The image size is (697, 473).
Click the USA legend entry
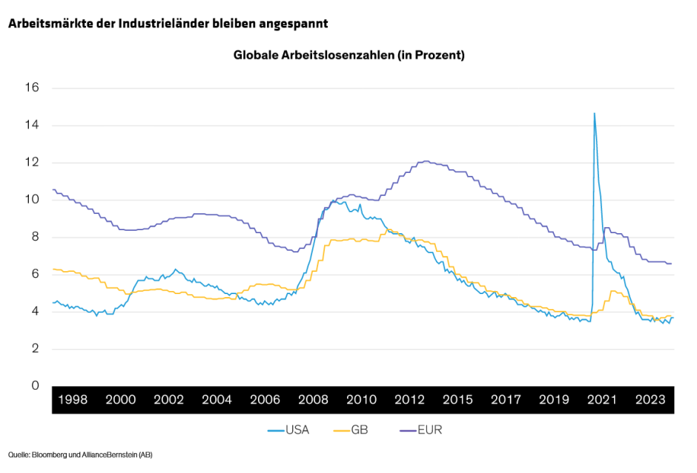pos(296,430)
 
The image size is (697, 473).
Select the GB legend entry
pos(359,430)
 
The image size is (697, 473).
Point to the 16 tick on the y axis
pos(32,88)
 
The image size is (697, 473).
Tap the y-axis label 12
pos(32,163)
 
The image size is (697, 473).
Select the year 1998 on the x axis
pos(72,399)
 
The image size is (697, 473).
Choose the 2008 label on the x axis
pos(313,399)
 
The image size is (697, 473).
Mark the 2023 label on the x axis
pos(650,399)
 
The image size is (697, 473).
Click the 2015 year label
pos(457,399)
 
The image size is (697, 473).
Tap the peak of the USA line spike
pos(594,114)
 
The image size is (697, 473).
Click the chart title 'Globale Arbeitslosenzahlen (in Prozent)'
pos(348,55)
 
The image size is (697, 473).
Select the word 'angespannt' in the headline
pos(294,23)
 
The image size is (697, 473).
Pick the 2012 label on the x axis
pos(409,399)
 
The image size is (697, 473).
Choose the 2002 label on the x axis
pos(168,399)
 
